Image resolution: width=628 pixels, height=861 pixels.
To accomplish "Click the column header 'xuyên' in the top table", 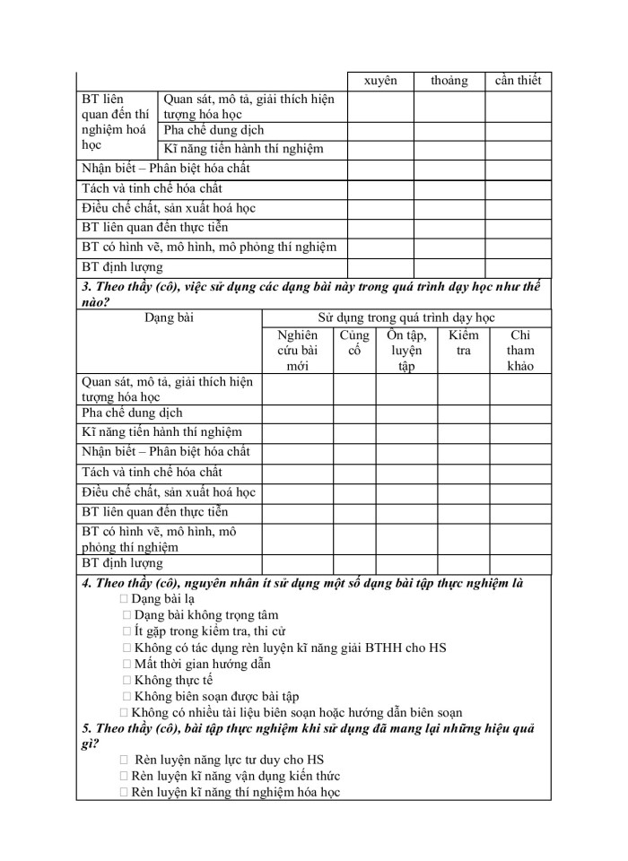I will pyautogui.click(x=380, y=81).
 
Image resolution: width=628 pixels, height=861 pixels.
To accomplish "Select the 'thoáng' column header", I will pyautogui.click(x=449, y=81).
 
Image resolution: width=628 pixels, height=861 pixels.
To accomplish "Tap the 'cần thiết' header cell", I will pyautogui.click(x=518, y=81).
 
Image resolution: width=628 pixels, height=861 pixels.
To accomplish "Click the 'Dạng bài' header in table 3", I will pyautogui.click(x=169, y=317).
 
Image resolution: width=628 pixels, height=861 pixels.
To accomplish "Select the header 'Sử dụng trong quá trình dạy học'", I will pyautogui.click(x=406, y=317).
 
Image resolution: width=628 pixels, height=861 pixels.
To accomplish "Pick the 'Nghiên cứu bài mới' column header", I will pyautogui.click(x=297, y=351).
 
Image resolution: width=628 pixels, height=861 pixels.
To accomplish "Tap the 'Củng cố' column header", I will pyautogui.click(x=354, y=344).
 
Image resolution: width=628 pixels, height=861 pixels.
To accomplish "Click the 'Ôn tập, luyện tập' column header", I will pyautogui.click(x=406, y=351).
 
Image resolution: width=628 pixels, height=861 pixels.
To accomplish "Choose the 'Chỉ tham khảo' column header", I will pyautogui.click(x=519, y=351).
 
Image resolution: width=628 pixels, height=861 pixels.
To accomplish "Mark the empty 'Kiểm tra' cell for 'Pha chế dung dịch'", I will pyautogui.click(x=463, y=413).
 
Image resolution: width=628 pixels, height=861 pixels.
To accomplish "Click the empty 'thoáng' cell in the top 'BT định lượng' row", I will pyautogui.click(x=449, y=267).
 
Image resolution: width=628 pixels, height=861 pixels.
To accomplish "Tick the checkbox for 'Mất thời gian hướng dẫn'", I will pyautogui.click(x=126, y=664).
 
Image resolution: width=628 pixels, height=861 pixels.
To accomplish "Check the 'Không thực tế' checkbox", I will pyautogui.click(x=126, y=680).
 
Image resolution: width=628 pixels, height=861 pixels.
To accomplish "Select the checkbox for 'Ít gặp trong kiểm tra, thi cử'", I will pyautogui.click(x=126, y=631).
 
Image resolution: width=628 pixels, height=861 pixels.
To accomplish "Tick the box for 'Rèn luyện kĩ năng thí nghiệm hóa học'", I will pyautogui.click(x=123, y=793).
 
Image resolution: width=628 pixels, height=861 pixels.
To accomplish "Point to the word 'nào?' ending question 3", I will pyautogui.click(x=95, y=301).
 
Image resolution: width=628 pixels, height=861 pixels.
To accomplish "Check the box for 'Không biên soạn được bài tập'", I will pyautogui.click(x=126, y=696).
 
